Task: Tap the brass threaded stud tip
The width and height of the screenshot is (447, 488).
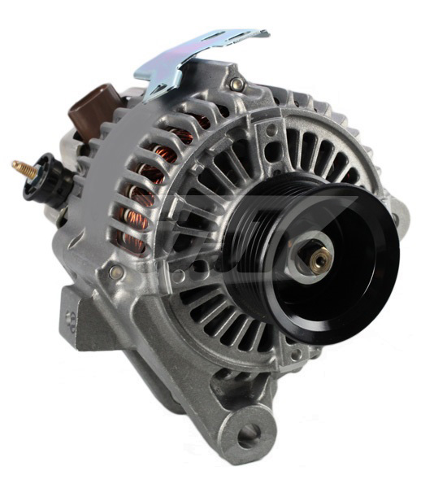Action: (x=17, y=166)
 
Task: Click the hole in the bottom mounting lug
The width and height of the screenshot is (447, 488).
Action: (x=249, y=434)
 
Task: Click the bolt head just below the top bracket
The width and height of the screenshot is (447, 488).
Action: (x=237, y=84)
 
